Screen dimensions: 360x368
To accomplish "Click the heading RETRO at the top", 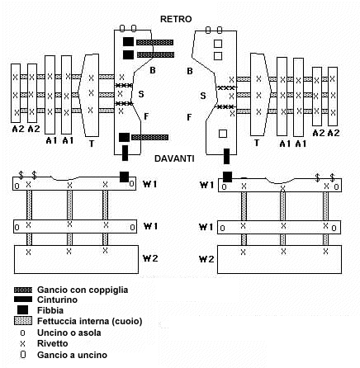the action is tap(176, 19).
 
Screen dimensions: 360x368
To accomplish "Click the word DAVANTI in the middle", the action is tap(174, 158).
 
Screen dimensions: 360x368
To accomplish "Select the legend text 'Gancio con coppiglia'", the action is tap(83, 290).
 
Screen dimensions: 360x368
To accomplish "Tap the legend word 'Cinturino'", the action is tap(57, 300).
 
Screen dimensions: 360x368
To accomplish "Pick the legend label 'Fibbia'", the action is tap(50, 310).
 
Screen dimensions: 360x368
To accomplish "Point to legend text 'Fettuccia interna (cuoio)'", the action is tap(90, 321).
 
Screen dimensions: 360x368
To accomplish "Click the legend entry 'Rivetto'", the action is tap(53, 343).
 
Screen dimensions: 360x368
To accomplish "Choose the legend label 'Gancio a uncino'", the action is tap(72, 355).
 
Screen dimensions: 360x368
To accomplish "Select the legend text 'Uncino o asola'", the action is tap(69, 333).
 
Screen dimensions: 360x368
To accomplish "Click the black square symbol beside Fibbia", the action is tap(22, 310).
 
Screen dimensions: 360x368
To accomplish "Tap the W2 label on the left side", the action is tap(150, 258).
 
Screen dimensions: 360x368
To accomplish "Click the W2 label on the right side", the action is tap(206, 259).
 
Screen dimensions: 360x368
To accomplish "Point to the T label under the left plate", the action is tap(92, 144).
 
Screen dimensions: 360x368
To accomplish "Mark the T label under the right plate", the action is tap(257, 143).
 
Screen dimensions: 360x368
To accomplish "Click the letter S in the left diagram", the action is tap(141, 94).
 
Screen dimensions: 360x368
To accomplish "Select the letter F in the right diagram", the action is tap(189, 117).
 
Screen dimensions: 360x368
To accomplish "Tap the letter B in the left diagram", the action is tap(152, 70).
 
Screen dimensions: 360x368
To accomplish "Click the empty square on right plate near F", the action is tap(223, 134).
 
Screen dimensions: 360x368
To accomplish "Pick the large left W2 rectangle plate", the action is tap(76, 259).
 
